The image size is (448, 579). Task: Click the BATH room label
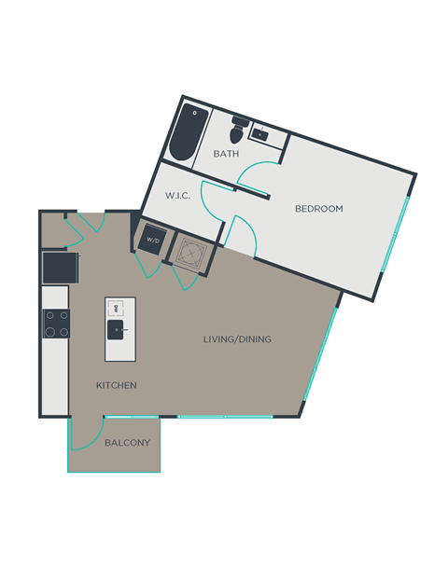click(226, 154)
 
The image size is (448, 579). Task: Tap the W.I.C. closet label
click(178, 196)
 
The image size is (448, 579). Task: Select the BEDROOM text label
click(319, 209)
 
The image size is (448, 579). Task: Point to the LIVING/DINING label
click(237, 339)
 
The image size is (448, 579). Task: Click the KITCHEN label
click(117, 385)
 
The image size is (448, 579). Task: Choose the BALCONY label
click(127, 443)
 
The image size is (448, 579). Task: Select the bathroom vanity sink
click(266, 134)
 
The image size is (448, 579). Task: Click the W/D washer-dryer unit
click(151, 240)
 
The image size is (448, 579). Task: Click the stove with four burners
click(55, 323)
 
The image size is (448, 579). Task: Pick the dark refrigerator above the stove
click(59, 268)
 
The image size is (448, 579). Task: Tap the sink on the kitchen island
click(119, 329)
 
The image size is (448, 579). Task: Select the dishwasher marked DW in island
click(117, 308)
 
